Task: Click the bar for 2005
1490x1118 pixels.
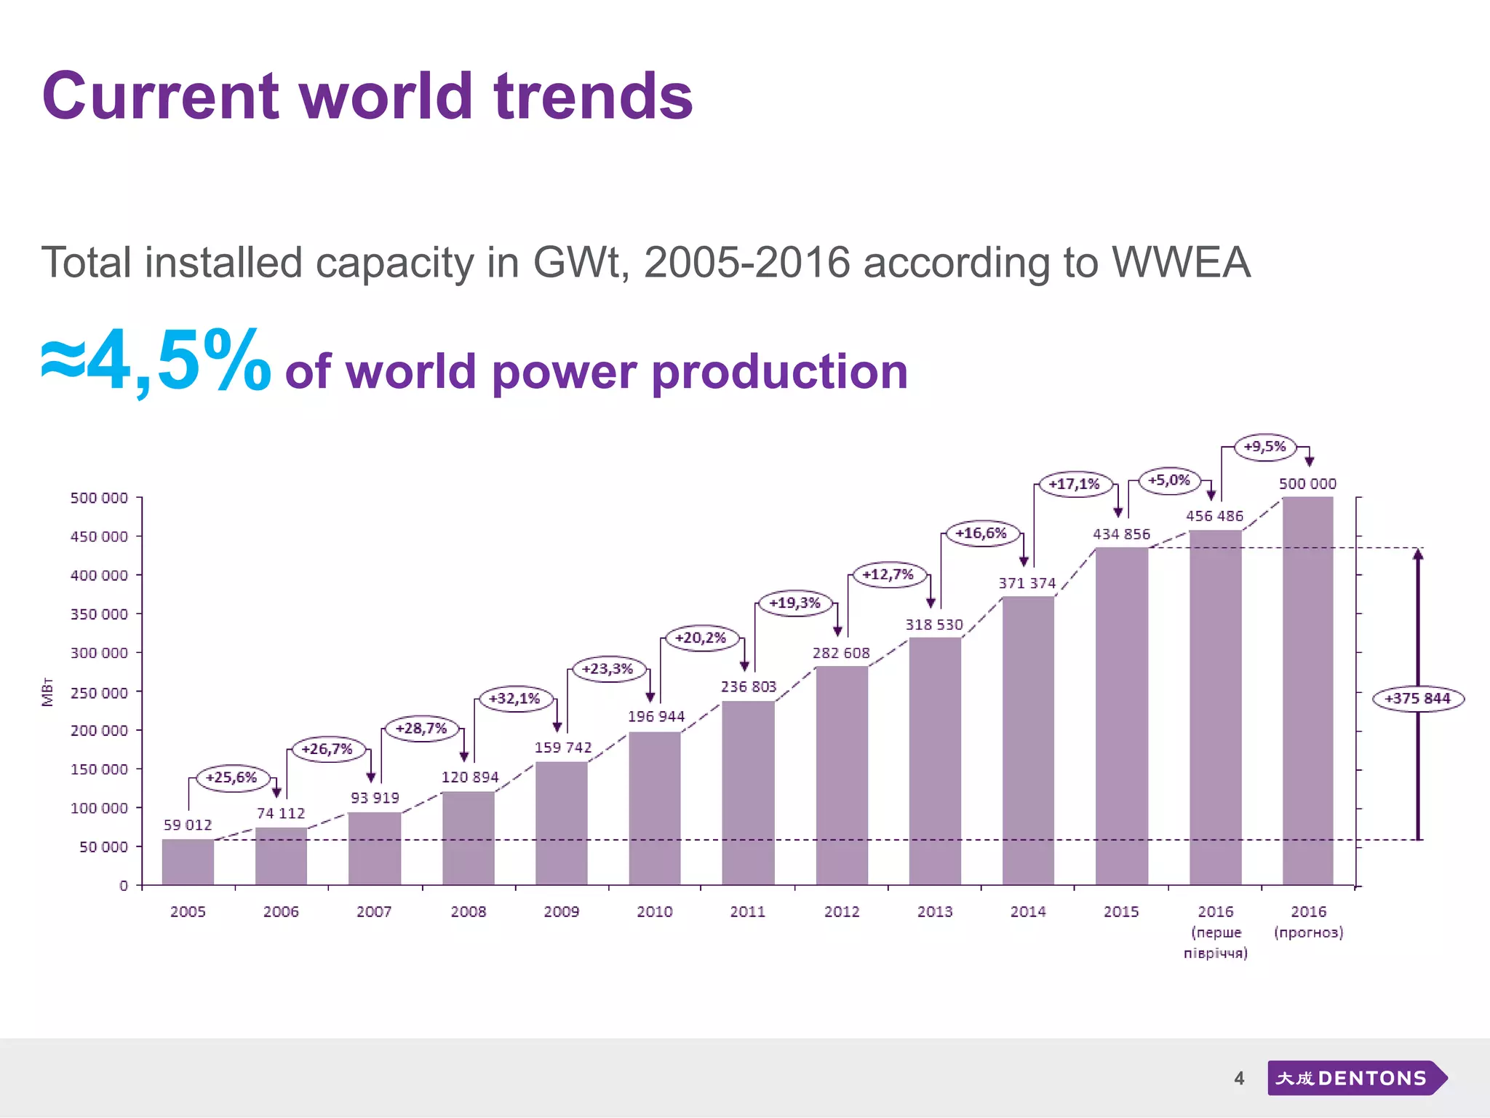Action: click(x=188, y=862)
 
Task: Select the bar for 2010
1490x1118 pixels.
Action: click(x=655, y=808)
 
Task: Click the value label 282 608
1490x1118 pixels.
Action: click(x=841, y=653)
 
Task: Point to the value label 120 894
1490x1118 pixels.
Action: click(x=470, y=777)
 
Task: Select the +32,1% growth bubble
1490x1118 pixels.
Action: click(x=514, y=699)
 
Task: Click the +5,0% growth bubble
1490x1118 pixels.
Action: click(x=1169, y=480)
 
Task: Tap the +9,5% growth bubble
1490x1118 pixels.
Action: click(x=1265, y=446)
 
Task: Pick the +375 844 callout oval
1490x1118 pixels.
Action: click(x=1418, y=699)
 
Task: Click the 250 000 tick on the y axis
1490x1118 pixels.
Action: click(x=99, y=693)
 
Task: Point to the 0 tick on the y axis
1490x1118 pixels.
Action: click(x=124, y=885)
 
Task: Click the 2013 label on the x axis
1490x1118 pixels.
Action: click(x=935, y=911)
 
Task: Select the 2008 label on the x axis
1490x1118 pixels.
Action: click(x=469, y=911)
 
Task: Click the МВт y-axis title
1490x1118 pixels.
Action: click(x=47, y=691)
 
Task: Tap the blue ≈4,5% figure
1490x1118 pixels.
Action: click(x=156, y=362)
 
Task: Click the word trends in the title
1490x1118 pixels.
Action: click(x=593, y=96)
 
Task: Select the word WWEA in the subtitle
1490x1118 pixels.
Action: click(x=1181, y=262)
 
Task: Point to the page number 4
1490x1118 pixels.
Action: click(x=1239, y=1078)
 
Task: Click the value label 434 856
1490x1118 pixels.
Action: click(x=1121, y=534)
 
